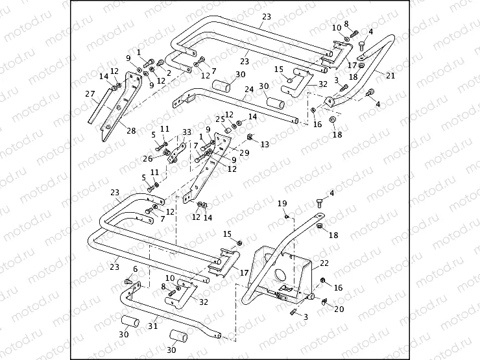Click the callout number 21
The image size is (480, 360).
390,75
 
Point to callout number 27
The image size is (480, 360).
90,93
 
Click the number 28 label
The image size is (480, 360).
131,131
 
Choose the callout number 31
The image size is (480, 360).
153,326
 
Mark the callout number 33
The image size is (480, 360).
187,132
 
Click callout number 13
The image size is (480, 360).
264,144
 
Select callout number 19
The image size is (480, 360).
282,204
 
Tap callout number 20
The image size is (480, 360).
339,309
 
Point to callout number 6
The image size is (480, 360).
135,269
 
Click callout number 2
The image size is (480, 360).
169,73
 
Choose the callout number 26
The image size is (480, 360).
148,158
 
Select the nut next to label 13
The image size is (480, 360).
250,137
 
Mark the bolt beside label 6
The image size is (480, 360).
128,281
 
